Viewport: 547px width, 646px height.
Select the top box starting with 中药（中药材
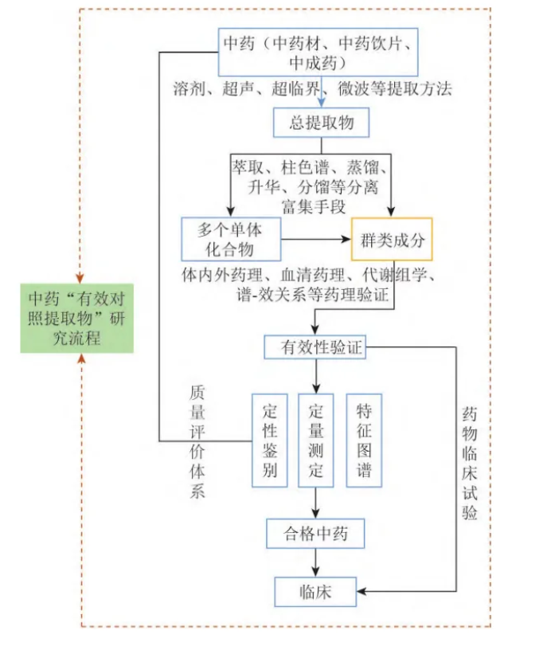click(x=318, y=52)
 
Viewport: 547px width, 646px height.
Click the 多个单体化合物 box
click(x=231, y=239)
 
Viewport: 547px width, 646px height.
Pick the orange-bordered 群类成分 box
click(x=392, y=240)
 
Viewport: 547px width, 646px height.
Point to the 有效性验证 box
click(x=318, y=347)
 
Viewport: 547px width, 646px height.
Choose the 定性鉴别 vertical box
click(x=269, y=440)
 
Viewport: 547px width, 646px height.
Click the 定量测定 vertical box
click(x=316, y=440)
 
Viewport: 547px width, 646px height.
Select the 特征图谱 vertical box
click(x=364, y=440)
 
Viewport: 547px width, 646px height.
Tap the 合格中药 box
click(x=316, y=532)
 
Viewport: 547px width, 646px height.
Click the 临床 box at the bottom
click(x=316, y=591)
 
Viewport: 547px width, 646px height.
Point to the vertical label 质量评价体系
click(x=197, y=441)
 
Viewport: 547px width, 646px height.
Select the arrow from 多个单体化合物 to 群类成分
click(x=317, y=239)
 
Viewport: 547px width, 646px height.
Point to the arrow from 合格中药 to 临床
click(x=316, y=562)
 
